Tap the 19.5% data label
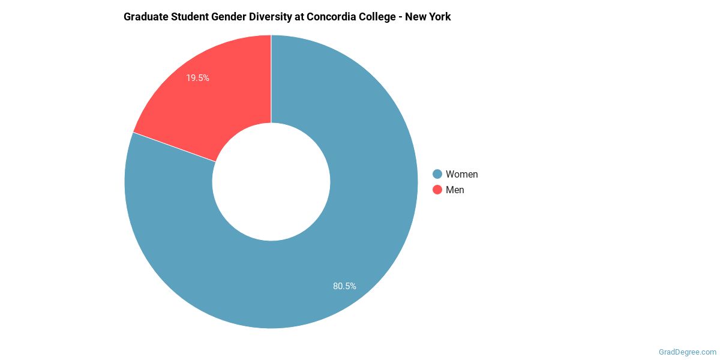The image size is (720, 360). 197,78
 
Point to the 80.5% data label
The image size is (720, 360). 344,286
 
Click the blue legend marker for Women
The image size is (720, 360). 437,174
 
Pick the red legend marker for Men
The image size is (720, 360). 437,190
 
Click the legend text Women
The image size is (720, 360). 461,174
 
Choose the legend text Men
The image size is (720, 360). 455,190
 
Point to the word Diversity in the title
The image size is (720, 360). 271,17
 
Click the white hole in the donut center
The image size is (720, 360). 271,182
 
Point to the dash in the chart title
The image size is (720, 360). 401,17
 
